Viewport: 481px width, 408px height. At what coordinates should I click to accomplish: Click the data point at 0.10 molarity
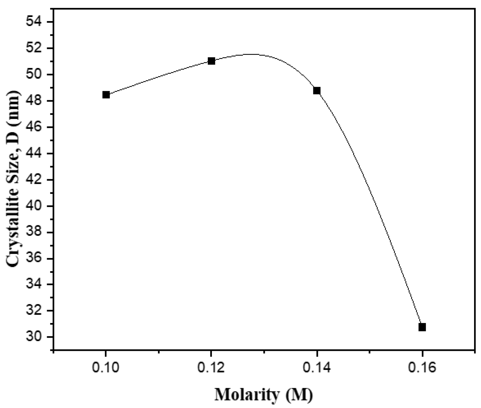(x=106, y=95)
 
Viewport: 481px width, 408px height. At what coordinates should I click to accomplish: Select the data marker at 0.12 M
(x=211, y=61)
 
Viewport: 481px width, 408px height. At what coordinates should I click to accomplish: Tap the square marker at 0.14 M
(x=317, y=91)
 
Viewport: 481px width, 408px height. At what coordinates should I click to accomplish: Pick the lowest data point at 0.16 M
(x=422, y=327)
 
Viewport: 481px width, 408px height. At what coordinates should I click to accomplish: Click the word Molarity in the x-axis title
(x=247, y=394)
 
